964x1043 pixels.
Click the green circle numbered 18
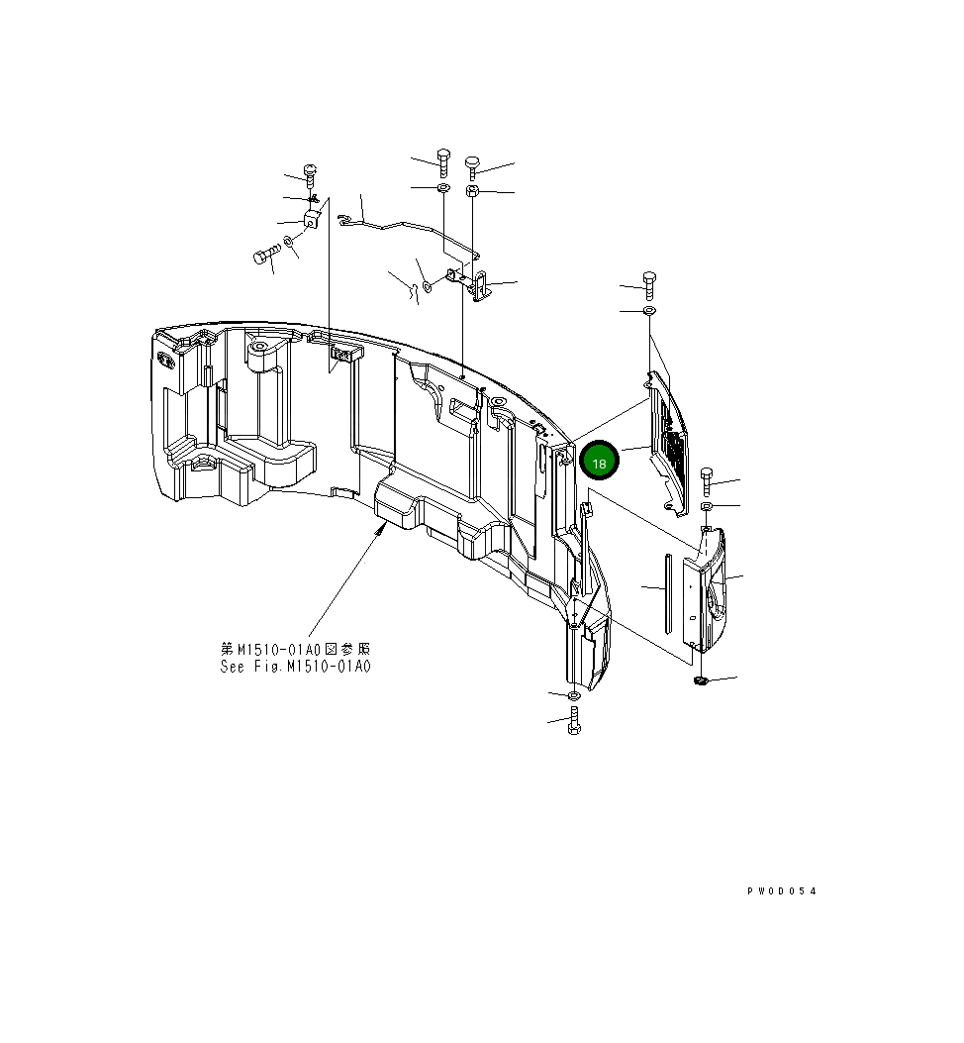click(599, 462)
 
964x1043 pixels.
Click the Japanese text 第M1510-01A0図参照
click(296, 649)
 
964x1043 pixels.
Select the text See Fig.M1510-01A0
click(296, 667)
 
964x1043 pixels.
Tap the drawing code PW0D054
click(782, 891)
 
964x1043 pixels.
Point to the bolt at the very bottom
click(575, 723)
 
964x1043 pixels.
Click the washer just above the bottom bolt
click(575, 697)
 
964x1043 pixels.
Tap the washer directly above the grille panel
click(649, 312)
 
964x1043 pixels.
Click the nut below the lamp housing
click(701, 679)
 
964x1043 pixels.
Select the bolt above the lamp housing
click(706, 481)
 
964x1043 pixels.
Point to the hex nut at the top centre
click(472, 190)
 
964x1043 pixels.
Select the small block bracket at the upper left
click(312, 220)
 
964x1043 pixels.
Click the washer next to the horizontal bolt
click(288, 241)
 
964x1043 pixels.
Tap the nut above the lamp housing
click(707, 507)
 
